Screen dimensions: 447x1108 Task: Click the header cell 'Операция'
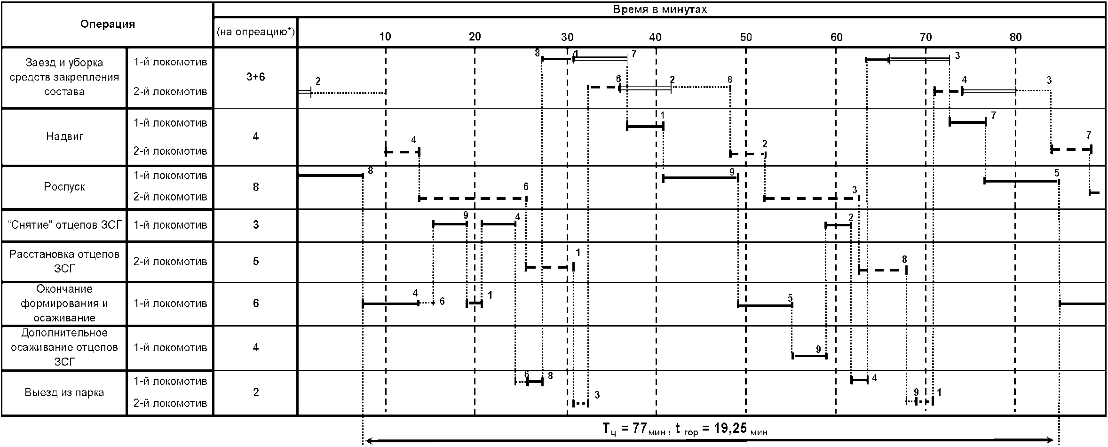coord(107,24)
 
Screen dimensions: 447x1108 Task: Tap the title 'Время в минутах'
coord(659,9)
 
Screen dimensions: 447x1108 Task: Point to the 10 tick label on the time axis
coord(385,37)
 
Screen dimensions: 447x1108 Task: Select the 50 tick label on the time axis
coord(746,37)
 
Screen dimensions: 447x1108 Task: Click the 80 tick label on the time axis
coord(1015,37)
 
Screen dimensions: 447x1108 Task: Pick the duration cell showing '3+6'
coord(255,77)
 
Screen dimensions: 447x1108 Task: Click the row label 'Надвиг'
coord(64,137)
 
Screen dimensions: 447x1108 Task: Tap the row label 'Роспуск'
coord(64,187)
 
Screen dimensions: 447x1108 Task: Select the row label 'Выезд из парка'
coord(64,392)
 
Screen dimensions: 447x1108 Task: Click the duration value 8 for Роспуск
coord(255,187)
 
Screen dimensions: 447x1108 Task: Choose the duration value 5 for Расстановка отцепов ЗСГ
coord(255,261)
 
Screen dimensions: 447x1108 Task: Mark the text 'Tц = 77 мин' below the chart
coord(633,429)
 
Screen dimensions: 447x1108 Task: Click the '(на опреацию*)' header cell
coord(255,32)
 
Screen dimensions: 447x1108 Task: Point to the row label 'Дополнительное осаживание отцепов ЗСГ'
coord(64,347)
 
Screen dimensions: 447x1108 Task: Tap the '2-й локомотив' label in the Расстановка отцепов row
coord(170,261)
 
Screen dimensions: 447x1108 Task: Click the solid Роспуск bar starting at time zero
coord(330,176)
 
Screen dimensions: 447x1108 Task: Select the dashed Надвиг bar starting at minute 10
coord(402,152)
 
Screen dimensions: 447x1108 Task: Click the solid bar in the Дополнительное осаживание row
coord(809,356)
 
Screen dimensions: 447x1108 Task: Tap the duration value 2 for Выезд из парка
coord(255,392)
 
